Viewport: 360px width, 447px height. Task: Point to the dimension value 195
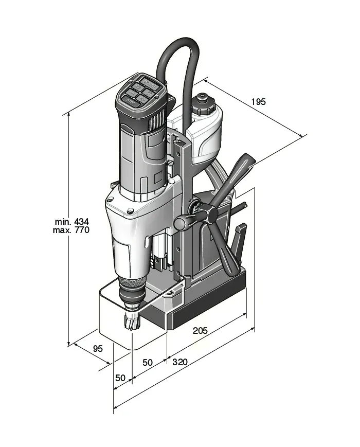click(x=259, y=102)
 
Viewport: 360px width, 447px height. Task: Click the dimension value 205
click(x=200, y=331)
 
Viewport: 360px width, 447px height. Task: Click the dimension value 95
click(x=98, y=348)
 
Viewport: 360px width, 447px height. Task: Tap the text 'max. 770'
click(x=71, y=230)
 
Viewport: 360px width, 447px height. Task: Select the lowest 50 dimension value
click(x=120, y=378)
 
